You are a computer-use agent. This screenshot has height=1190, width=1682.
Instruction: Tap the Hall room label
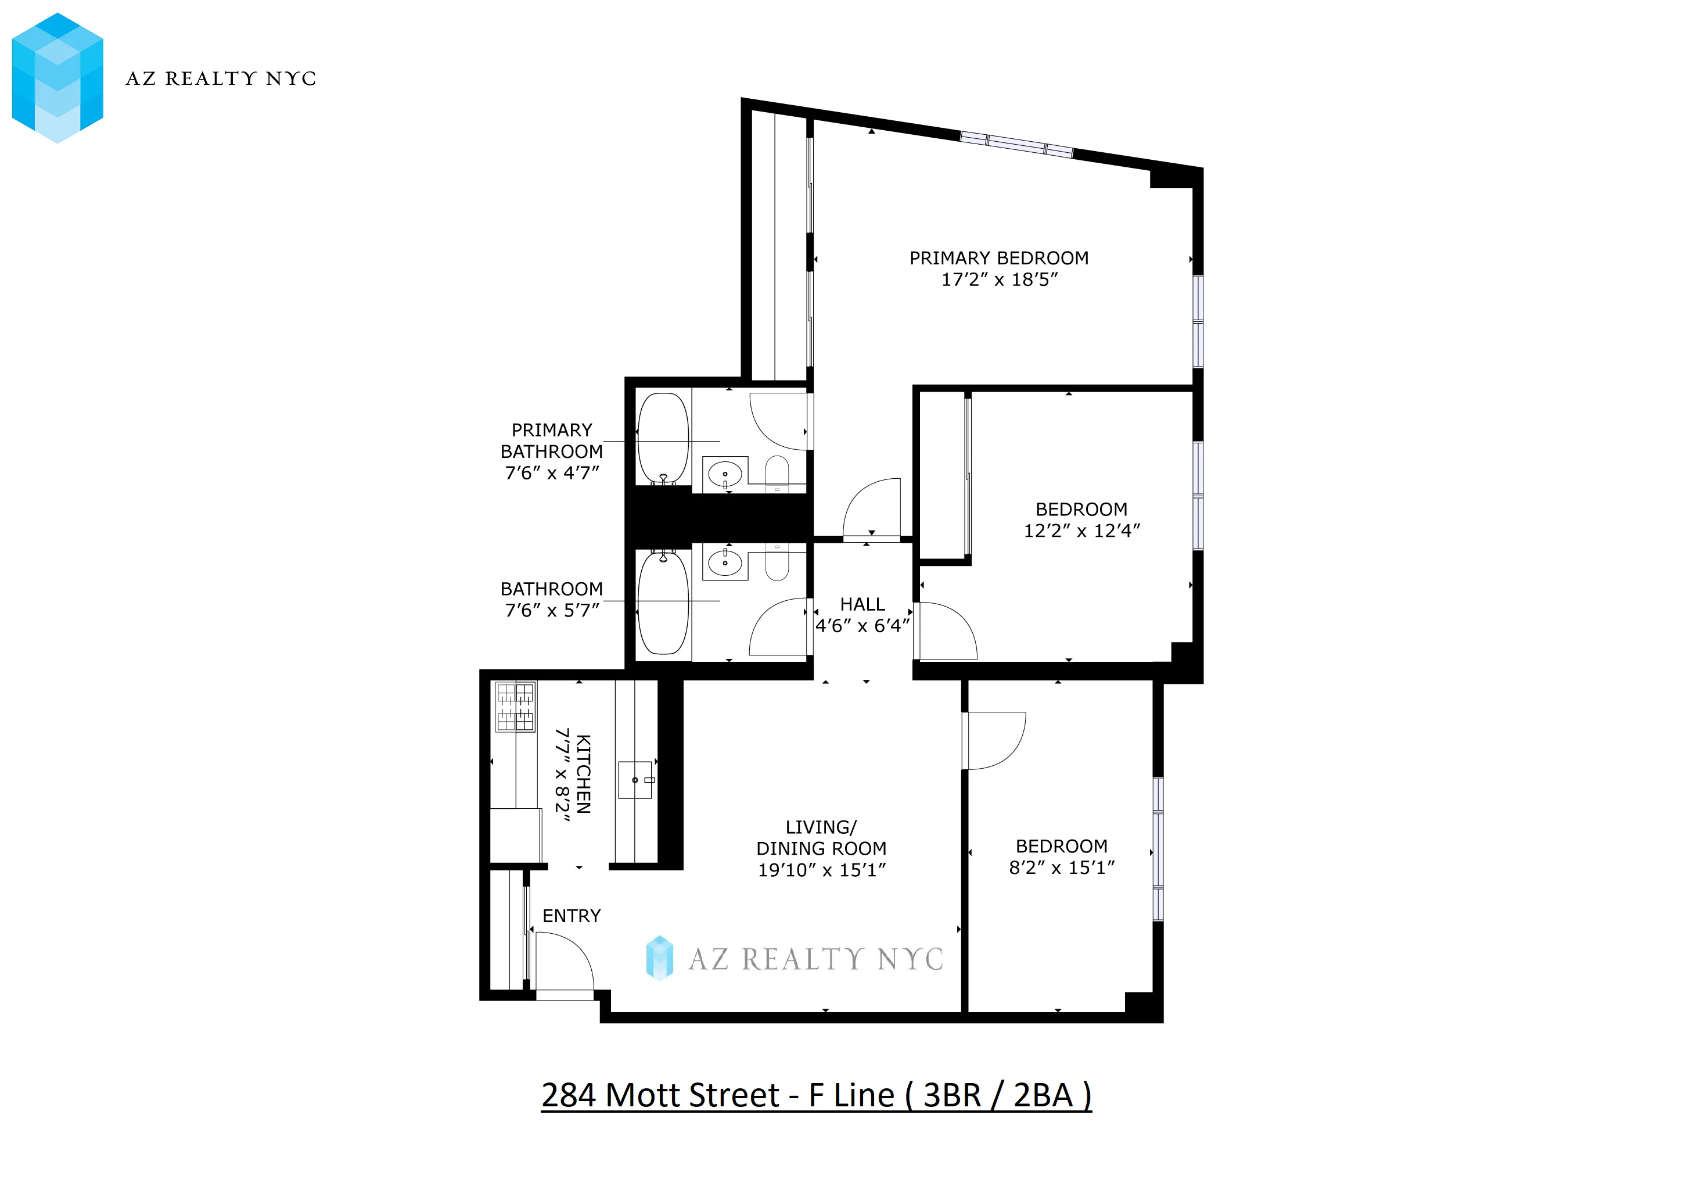(x=862, y=604)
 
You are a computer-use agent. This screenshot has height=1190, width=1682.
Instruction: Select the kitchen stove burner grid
(x=516, y=707)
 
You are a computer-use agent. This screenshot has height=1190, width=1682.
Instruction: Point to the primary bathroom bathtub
(x=663, y=438)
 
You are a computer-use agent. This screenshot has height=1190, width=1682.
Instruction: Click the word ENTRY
(x=572, y=916)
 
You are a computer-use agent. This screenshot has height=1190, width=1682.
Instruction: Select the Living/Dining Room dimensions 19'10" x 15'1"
(x=821, y=870)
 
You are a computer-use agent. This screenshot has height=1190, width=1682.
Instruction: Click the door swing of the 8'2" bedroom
(x=995, y=740)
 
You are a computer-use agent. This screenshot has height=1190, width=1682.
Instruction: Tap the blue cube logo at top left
(x=57, y=78)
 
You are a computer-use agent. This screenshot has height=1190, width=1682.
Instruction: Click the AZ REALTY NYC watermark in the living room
(x=795, y=958)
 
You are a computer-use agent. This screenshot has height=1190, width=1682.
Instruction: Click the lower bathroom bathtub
(x=663, y=603)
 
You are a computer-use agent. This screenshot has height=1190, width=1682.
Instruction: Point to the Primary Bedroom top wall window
(x=1017, y=144)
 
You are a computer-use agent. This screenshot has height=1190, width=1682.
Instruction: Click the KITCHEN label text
(x=583, y=774)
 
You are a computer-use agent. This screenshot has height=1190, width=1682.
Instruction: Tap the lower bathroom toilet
(x=777, y=563)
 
